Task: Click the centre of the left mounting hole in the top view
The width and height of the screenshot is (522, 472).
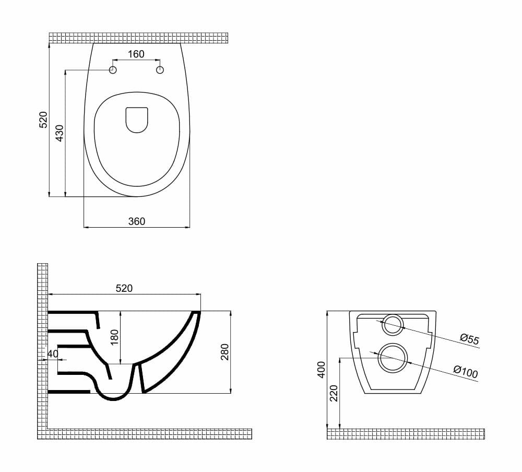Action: (x=113, y=70)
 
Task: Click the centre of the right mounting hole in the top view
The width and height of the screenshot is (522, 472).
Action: (x=160, y=70)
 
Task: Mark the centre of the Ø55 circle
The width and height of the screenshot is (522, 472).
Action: (x=392, y=324)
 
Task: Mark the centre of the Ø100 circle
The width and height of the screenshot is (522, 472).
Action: (x=393, y=358)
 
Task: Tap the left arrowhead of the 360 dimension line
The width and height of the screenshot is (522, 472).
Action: (x=86, y=227)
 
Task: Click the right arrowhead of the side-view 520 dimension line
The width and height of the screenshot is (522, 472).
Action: (x=198, y=294)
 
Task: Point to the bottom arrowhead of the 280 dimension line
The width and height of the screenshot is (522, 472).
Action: (x=230, y=391)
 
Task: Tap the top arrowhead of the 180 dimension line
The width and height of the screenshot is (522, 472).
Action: (x=121, y=313)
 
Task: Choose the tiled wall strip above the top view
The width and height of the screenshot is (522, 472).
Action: (x=138, y=38)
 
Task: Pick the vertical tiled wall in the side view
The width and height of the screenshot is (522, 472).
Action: (x=43, y=346)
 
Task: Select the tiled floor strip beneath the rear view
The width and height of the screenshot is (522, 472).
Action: (x=406, y=434)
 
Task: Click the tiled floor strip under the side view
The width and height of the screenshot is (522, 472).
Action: (x=145, y=434)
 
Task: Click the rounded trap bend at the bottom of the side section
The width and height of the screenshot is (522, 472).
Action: (x=113, y=393)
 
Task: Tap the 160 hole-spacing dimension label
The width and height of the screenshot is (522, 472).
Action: (x=136, y=54)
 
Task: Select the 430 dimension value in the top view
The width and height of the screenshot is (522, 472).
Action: (x=60, y=133)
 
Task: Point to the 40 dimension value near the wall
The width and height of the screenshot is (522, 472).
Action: (x=53, y=354)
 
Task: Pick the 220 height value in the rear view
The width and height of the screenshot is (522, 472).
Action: (x=334, y=393)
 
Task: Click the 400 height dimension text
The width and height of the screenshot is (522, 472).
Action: (x=321, y=370)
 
